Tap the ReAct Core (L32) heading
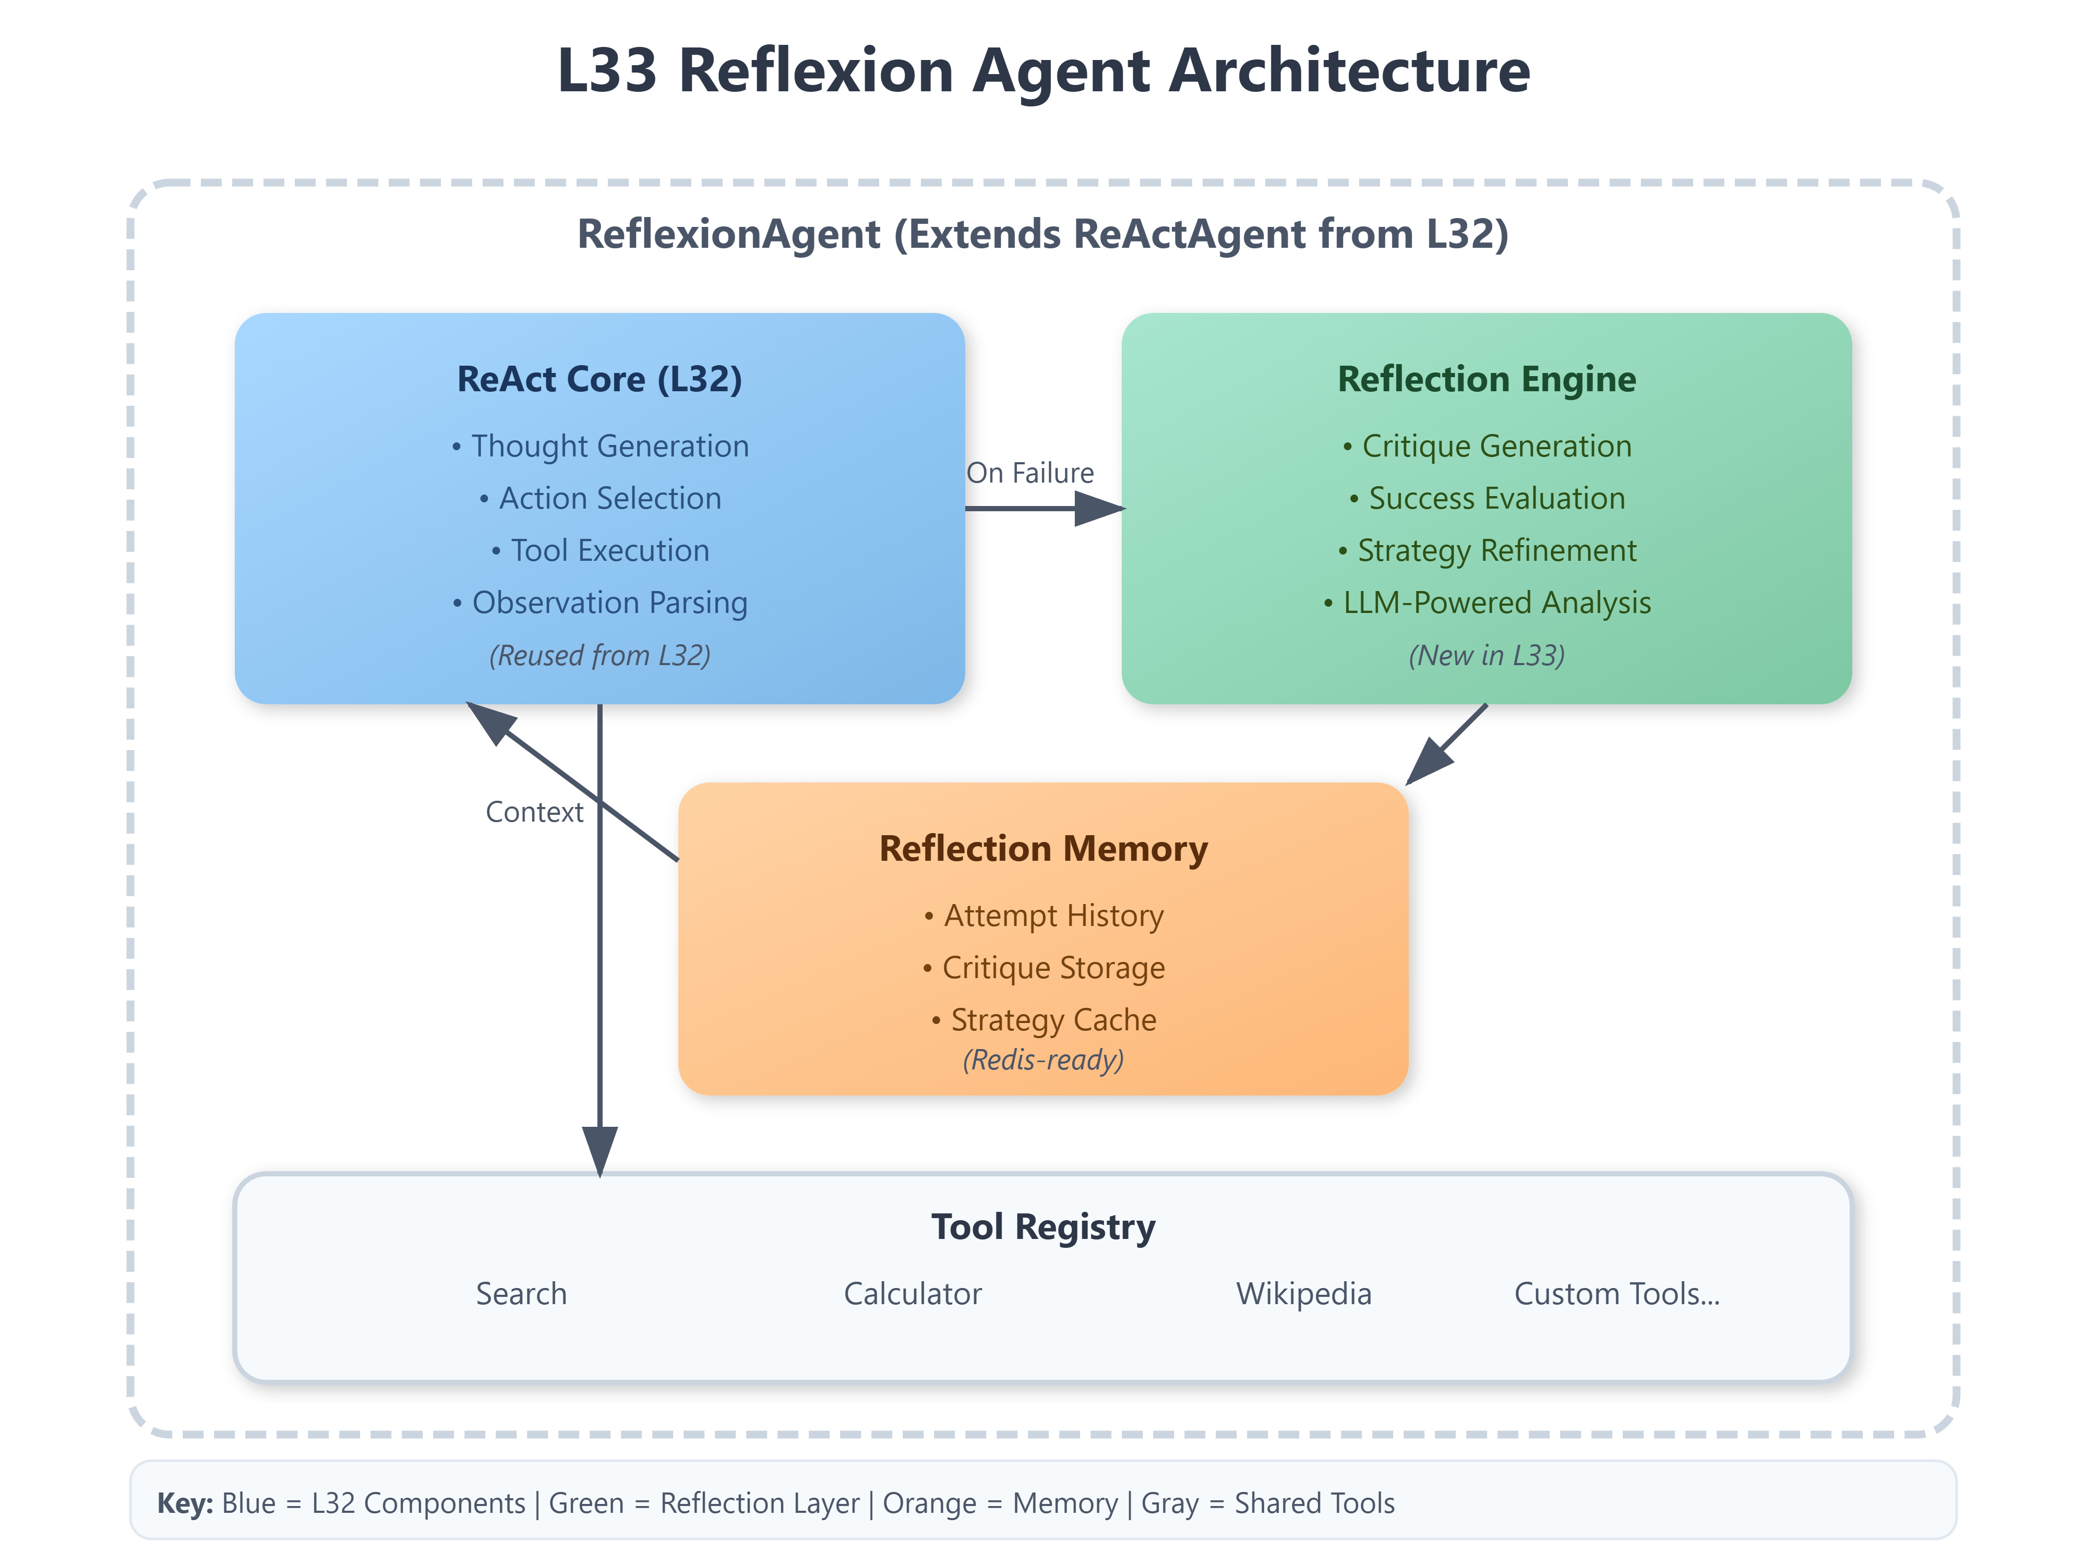point(599,379)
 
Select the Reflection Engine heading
point(1486,379)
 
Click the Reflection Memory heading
point(1042,849)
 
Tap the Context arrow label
point(534,812)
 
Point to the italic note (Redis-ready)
point(1042,1061)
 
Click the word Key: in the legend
point(185,1503)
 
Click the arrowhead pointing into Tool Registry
point(600,1151)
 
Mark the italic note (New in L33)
point(1486,656)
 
